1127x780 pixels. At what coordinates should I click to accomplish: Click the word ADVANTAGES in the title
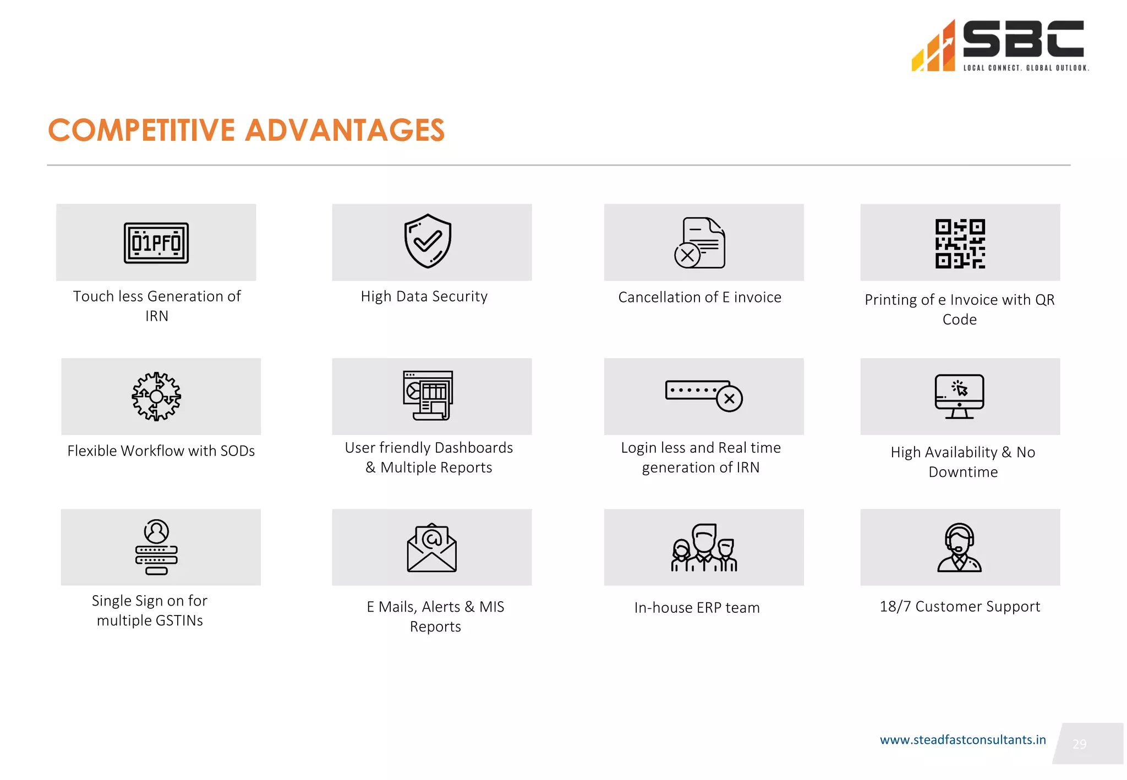pyautogui.click(x=344, y=130)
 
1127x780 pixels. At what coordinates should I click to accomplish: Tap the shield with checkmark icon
pyautogui.click(x=428, y=241)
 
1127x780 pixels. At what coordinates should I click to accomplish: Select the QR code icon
pyautogui.click(x=960, y=243)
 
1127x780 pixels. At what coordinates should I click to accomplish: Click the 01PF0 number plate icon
pyautogui.click(x=156, y=243)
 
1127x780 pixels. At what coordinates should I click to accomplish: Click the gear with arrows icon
pyautogui.click(x=156, y=396)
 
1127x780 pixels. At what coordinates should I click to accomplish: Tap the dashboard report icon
pyautogui.click(x=428, y=395)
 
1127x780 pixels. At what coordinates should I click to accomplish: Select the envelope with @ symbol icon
pyautogui.click(x=431, y=547)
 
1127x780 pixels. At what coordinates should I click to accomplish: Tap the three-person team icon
pyautogui.click(x=704, y=547)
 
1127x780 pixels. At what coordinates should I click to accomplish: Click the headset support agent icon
pyautogui.click(x=959, y=547)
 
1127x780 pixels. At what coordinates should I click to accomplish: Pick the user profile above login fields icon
pyautogui.click(x=156, y=547)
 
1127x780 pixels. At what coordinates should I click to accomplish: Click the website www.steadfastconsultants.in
pyautogui.click(x=962, y=740)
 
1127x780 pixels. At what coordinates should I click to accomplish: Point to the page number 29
pyautogui.click(x=1079, y=744)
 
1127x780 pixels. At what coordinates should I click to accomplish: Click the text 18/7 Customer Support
pyautogui.click(x=960, y=606)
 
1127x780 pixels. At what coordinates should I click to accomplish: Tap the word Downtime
pyautogui.click(x=963, y=472)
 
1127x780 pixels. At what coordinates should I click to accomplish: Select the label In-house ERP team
pyautogui.click(x=697, y=607)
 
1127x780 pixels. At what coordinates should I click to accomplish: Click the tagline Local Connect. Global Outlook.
pyautogui.click(x=1026, y=68)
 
